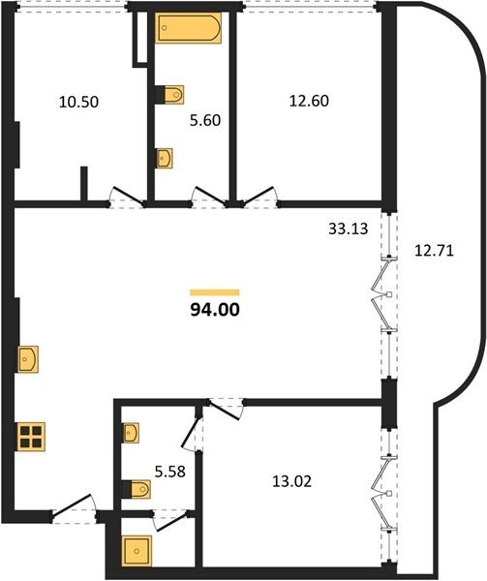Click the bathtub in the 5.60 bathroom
(188, 28)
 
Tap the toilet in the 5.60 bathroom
(169, 95)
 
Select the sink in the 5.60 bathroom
(164, 158)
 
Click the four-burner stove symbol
(31, 437)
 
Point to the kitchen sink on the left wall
(28, 358)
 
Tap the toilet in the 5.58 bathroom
(136, 489)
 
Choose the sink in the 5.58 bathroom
(131, 433)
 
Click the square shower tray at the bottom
(137, 551)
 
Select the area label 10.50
(78, 102)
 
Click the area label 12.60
(309, 101)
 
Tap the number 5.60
(205, 120)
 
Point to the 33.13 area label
(349, 229)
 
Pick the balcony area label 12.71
(434, 251)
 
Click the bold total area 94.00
(215, 310)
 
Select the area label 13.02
(291, 481)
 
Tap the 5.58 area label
(170, 472)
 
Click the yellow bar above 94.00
(215, 292)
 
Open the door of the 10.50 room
(128, 197)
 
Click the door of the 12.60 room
(260, 196)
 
